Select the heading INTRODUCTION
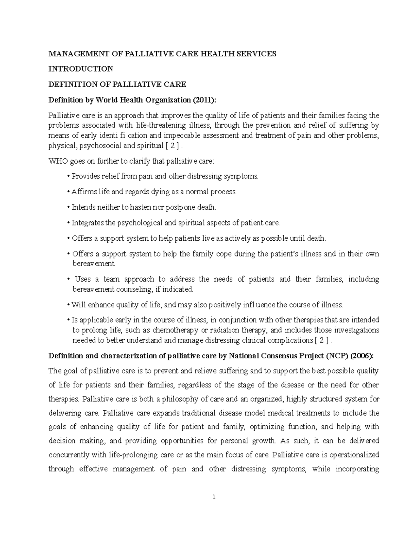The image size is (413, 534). click(x=81, y=69)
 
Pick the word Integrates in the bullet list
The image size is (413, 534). click(x=87, y=223)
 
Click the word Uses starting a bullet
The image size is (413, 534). click(x=82, y=279)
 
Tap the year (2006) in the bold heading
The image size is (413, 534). click(x=361, y=356)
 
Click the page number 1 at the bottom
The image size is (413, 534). click(x=214, y=497)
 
